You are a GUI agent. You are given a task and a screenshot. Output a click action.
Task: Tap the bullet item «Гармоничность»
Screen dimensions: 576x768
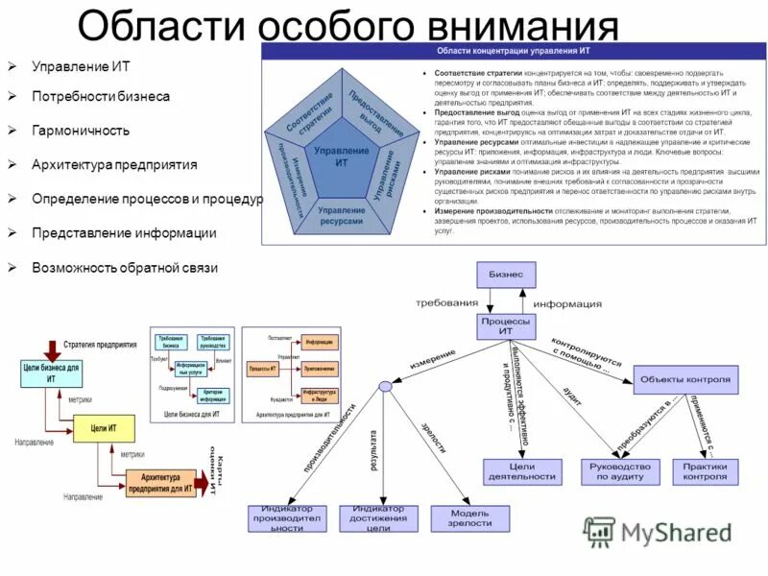coord(81,130)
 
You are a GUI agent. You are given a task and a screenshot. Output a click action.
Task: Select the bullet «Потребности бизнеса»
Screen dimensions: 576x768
coord(101,96)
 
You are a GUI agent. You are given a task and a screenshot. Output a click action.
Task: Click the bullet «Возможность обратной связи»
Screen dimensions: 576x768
coord(125,268)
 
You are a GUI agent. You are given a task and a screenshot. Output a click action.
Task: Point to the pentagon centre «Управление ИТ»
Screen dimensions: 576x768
coord(342,157)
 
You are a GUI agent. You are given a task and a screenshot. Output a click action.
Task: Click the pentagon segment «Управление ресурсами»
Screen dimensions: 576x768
coord(341,215)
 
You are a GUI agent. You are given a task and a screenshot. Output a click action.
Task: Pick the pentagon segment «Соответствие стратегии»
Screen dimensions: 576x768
coord(309,112)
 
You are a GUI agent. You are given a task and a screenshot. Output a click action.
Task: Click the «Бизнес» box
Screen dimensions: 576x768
coord(505,275)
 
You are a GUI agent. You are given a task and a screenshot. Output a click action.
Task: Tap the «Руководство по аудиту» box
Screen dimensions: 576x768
coord(621,471)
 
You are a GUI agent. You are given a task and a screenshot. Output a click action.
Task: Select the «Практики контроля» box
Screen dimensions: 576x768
coord(706,471)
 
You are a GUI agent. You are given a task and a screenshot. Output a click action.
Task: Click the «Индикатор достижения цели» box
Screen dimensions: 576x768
coord(378,517)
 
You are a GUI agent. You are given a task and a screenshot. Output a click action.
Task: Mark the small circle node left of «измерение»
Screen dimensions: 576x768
coord(385,386)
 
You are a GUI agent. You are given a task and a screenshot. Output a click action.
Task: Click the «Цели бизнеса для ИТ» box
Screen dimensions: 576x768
coord(51,372)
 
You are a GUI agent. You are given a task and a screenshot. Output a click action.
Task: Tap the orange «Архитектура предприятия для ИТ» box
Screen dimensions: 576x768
coord(160,483)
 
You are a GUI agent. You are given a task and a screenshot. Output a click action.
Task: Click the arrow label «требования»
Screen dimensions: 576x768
coord(440,301)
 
